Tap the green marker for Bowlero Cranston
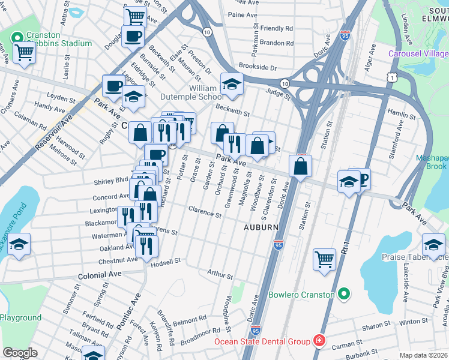(344, 294)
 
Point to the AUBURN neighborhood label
(261, 227)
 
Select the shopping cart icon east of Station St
(324, 259)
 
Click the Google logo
(20, 353)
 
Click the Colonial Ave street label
(99, 274)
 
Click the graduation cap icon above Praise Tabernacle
(433, 244)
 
